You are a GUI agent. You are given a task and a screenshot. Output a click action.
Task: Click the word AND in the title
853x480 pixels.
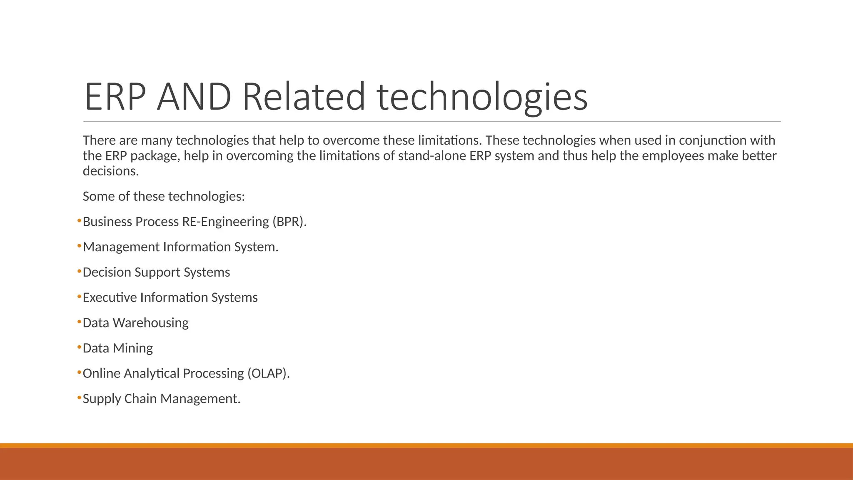coord(194,97)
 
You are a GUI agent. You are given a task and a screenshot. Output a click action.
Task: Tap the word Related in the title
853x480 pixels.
coord(304,97)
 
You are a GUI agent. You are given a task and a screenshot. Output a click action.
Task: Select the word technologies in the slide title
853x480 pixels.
coord(482,97)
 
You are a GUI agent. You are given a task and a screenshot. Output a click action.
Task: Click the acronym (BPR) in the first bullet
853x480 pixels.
coord(289,222)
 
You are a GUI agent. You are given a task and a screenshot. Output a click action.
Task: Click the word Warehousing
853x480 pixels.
coord(150,323)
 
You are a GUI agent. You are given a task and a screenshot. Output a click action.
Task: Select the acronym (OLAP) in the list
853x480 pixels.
coord(268,373)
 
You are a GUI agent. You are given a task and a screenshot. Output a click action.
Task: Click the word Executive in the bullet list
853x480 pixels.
coord(110,297)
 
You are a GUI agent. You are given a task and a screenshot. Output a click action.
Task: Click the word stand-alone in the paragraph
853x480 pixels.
coord(432,156)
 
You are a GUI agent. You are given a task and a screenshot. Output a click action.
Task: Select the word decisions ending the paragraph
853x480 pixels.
coord(110,171)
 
